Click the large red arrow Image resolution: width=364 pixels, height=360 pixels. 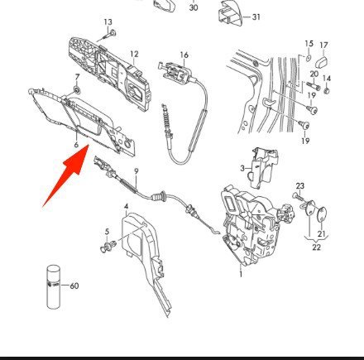pyautogui.click(x=69, y=172)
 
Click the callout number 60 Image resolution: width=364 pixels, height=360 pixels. pyautogui.click(x=74, y=286)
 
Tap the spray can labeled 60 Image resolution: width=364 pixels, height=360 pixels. pyautogui.click(x=53, y=287)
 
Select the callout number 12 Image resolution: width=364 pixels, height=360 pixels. pyautogui.click(x=134, y=54)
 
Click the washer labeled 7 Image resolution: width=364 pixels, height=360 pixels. pyautogui.click(x=76, y=89)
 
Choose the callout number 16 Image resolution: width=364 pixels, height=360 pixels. pyautogui.click(x=184, y=55)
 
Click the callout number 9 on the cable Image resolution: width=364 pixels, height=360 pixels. pyautogui.click(x=136, y=171)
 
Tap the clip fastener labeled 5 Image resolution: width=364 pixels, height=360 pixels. pyautogui.click(x=107, y=246)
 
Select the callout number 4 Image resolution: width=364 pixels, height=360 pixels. pyautogui.click(x=126, y=206)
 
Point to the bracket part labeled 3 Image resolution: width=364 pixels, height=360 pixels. pyautogui.click(x=264, y=167)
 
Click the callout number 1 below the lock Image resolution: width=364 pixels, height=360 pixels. pyautogui.click(x=241, y=274)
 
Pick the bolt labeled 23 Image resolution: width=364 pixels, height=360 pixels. pyautogui.click(x=298, y=197)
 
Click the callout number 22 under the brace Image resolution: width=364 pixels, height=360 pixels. pyautogui.click(x=316, y=247)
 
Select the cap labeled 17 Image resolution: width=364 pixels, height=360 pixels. pyautogui.click(x=321, y=61)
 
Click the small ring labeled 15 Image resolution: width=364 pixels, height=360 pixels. pyautogui.click(x=309, y=58)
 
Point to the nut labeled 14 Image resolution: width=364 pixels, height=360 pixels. pyautogui.click(x=327, y=91)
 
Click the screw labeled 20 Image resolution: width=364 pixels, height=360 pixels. pyautogui.click(x=313, y=86)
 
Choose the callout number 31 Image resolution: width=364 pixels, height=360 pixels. pyautogui.click(x=256, y=17)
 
